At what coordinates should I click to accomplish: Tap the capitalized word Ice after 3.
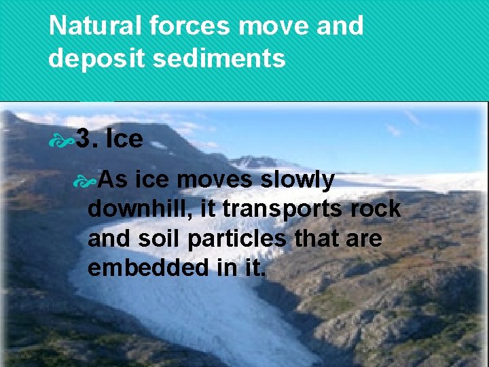[x=125, y=139]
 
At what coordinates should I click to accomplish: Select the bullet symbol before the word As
[x=86, y=181]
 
